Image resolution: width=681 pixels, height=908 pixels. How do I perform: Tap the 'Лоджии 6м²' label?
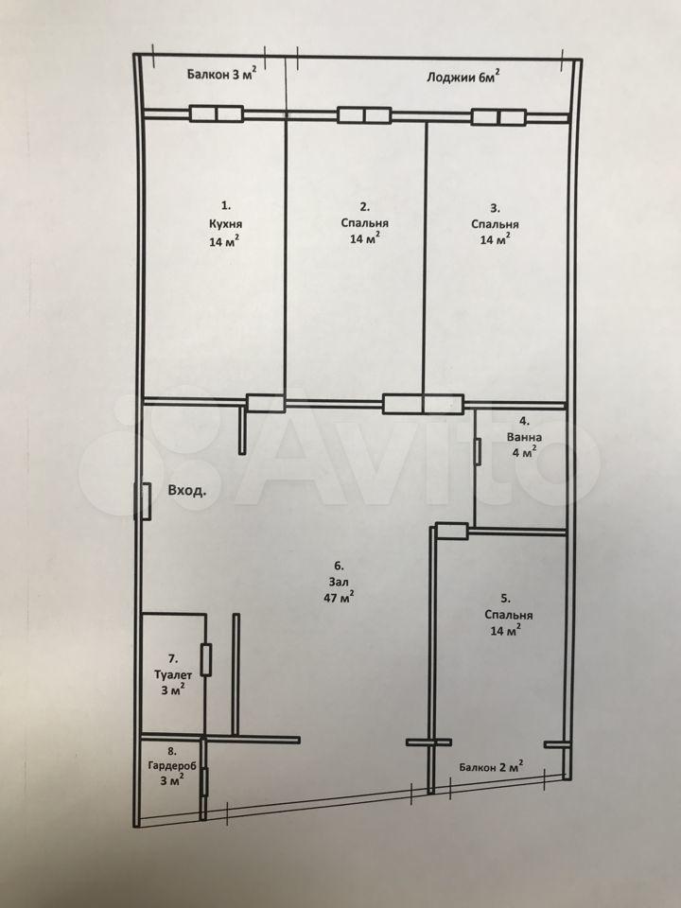click(x=463, y=77)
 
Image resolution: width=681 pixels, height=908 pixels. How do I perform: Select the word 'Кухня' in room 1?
click(x=225, y=224)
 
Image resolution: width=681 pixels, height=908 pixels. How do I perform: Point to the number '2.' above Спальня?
click(x=365, y=207)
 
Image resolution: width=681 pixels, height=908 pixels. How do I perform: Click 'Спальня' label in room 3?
click(x=495, y=224)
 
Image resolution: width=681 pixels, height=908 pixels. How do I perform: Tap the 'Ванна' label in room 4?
click(x=524, y=437)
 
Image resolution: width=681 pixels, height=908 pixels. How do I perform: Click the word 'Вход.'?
click(x=186, y=491)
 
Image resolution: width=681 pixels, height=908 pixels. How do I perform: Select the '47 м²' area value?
click(x=340, y=598)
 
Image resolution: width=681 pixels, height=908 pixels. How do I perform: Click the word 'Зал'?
click(x=340, y=581)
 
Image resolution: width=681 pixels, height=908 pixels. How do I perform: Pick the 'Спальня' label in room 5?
click(x=509, y=615)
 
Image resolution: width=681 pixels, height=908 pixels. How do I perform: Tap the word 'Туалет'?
click(x=172, y=674)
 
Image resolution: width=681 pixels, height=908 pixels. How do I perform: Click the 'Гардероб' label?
click(x=172, y=765)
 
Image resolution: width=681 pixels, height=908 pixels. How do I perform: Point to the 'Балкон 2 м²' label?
click(x=491, y=767)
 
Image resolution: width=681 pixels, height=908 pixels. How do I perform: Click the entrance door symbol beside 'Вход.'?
click(x=144, y=501)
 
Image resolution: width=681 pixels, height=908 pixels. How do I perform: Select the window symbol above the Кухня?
click(x=216, y=113)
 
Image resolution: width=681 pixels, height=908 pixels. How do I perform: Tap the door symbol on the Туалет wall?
click(x=205, y=659)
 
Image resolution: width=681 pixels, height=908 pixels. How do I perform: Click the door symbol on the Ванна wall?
click(x=478, y=451)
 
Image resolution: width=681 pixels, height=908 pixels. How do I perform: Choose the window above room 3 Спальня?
click(x=498, y=117)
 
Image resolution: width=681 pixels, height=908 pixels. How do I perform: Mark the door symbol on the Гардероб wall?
click(x=203, y=782)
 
